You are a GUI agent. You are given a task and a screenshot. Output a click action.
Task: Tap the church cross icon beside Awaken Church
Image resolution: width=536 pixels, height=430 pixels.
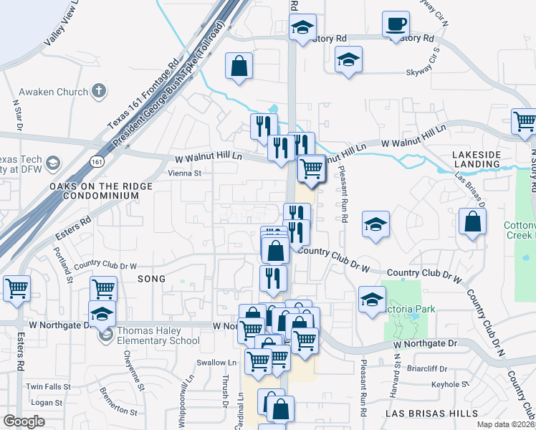click(99, 91)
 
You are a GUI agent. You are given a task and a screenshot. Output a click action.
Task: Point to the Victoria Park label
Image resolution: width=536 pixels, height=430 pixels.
click(409, 310)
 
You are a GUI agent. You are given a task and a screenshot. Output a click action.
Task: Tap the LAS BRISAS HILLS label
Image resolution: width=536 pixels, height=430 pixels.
click(431, 414)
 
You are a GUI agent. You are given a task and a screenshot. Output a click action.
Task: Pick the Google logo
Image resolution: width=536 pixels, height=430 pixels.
click(23, 421)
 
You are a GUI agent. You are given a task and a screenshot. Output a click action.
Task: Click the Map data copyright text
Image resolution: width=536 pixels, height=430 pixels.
click(505, 425)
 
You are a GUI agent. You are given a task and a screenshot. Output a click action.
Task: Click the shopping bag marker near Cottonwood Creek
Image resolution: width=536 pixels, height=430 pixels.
click(473, 222)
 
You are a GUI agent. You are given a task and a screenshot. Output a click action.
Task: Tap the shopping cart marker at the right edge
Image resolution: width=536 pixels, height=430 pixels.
click(525, 122)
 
